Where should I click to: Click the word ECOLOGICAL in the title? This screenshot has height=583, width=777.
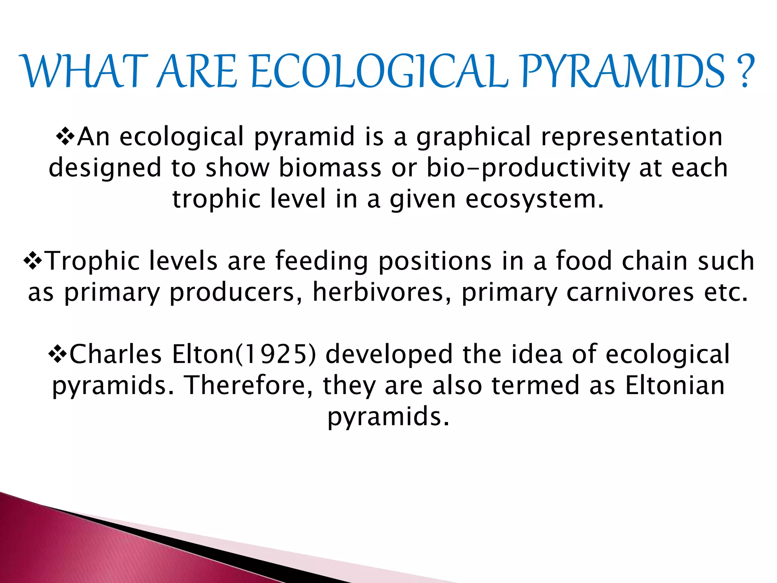point(379,71)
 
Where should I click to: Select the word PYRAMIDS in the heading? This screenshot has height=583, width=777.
point(622,71)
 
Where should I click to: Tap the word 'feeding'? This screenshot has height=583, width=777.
point(322,262)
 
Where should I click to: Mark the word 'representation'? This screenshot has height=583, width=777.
point(632,137)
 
